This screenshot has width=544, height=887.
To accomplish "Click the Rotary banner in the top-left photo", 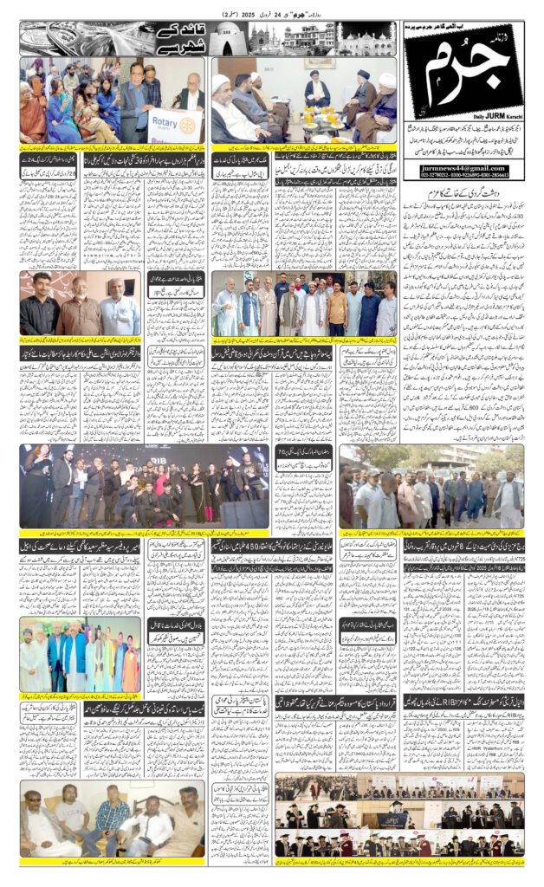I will [x=174, y=125].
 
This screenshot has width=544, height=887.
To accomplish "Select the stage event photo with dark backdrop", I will [x=144, y=485].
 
